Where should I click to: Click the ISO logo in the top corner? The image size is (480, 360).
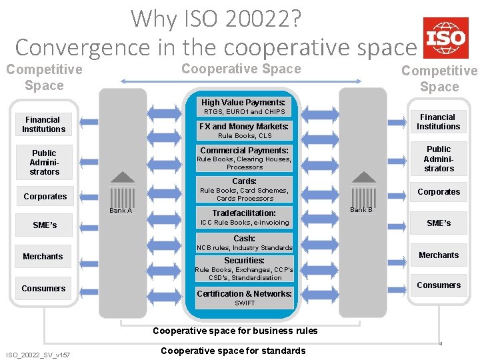pos(445,38)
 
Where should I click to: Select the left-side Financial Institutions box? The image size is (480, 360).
pos(44,125)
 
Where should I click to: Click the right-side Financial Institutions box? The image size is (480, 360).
pos(438,121)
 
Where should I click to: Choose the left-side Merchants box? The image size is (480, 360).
pos(43,257)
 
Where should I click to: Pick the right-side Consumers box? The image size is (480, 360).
pos(439,285)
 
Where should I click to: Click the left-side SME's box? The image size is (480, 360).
pos(45,225)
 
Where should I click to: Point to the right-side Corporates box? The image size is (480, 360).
pos(439,192)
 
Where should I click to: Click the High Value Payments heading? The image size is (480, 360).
pos(243,103)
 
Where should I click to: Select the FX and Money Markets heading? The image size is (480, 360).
pos(244,127)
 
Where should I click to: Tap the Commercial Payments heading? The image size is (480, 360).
pos(244,151)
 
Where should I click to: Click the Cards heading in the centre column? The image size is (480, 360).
pos(244,181)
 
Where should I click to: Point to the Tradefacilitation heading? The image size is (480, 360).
pos(244,213)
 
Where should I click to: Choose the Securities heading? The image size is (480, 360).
pos(244,261)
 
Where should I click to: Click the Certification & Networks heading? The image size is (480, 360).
pos(244,294)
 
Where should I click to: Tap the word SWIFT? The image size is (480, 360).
pos(244,303)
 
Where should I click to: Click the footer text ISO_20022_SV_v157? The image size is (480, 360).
pos(38,353)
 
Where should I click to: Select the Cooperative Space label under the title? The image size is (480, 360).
pos(241,69)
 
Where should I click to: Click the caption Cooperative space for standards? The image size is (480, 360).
pos(233,351)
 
